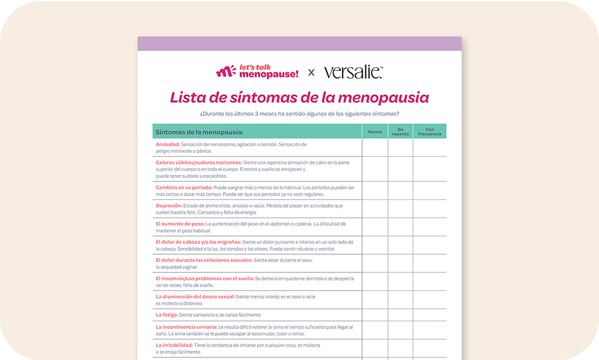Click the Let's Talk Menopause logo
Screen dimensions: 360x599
click(257, 72)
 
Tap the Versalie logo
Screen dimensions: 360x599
click(353, 72)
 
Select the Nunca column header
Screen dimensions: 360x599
click(374, 132)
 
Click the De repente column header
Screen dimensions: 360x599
click(400, 132)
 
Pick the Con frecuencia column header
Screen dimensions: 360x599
click(429, 132)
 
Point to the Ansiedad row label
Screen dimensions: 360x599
click(167, 145)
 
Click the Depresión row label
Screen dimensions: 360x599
click(169, 206)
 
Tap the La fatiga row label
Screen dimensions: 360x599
click(166, 315)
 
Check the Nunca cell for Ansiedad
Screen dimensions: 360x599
click(374, 148)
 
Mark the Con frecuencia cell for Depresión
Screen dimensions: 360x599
click(429, 209)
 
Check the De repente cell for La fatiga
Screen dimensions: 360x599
click(400, 315)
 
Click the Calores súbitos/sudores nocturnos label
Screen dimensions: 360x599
click(199, 163)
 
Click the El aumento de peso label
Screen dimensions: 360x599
click(179, 224)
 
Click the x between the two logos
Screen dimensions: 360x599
click(311, 72)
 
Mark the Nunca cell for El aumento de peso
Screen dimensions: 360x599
click(374, 227)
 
